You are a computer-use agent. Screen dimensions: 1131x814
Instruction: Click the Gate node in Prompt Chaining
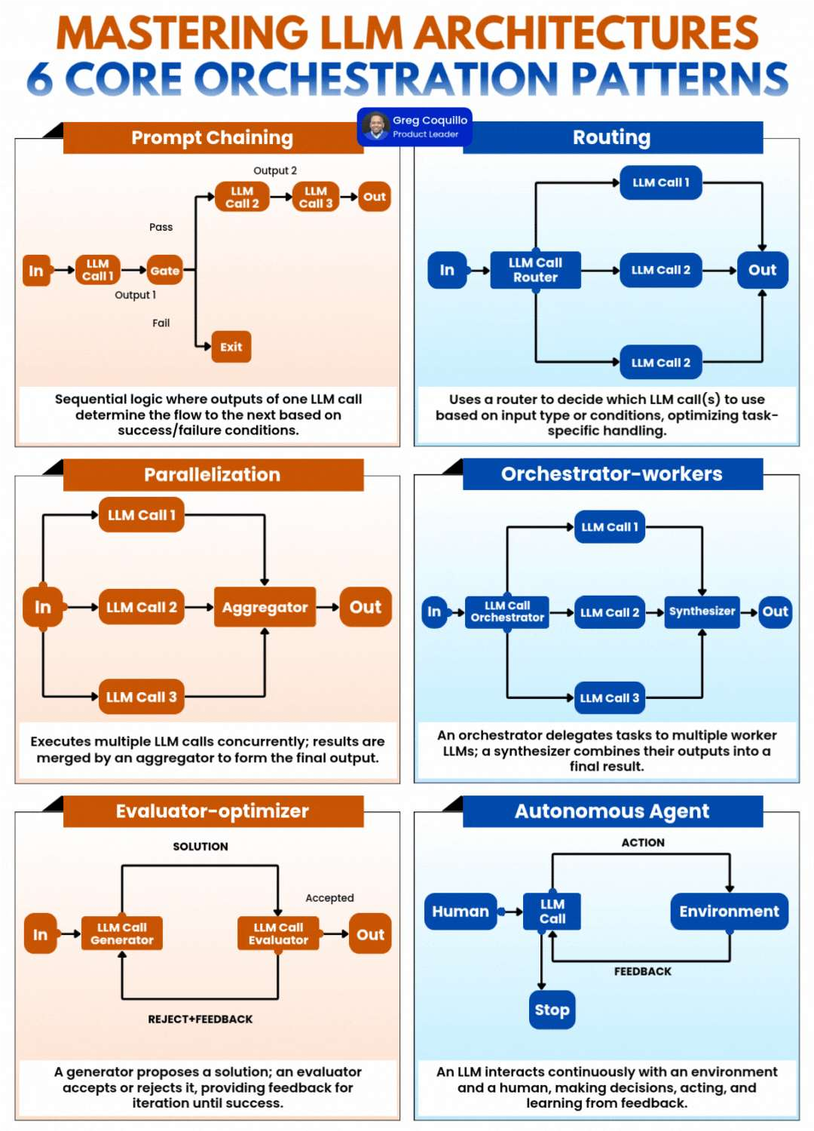tap(165, 271)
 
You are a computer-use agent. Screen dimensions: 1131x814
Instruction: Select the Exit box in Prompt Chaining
tap(231, 347)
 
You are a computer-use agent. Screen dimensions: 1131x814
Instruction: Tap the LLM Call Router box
tap(535, 270)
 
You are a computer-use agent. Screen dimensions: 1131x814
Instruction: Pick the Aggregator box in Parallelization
tap(265, 607)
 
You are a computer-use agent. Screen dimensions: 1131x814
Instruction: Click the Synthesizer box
tap(702, 611)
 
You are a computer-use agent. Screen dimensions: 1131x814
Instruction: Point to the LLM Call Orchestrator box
tap(507, 611)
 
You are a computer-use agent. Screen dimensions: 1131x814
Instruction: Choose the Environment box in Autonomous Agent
tap(729, 912)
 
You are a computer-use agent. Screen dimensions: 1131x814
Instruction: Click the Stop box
tap(552, 1010)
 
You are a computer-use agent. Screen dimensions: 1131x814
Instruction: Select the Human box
tap(461, 912)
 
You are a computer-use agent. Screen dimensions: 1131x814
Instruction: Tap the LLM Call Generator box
tap(122, 934)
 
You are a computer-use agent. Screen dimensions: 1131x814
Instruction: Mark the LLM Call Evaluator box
tap(278, 934)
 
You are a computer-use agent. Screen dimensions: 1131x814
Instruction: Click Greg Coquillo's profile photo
tap(375, 126)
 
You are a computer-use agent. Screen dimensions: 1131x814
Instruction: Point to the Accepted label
tap(329, 898)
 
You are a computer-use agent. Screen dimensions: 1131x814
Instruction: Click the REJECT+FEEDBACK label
tap(200, 1019)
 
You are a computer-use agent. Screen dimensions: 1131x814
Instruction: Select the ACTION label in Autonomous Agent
tap(643, 843)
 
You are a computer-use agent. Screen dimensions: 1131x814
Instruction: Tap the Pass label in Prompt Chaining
tap(161, 227)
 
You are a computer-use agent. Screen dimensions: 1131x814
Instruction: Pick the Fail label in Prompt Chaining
tap(161, 323)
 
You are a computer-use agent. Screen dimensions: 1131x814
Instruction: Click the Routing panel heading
tap(611, 137)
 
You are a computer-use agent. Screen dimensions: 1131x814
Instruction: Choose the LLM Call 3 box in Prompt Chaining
tap(316, 197)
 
